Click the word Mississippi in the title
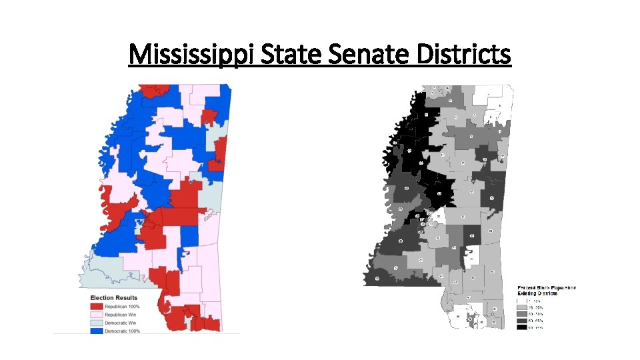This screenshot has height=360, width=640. click(191, 53)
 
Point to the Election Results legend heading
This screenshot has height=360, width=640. click(114, 298)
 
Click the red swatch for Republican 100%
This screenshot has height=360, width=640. click(99, 306)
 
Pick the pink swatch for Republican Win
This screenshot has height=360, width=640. click(99, 314)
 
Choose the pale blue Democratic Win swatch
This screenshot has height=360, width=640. click(99, 322)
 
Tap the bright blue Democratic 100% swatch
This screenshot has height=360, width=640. click(99, 330)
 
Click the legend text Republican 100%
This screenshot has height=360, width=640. click(127, 306)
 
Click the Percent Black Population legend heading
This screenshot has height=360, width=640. click(547, 288)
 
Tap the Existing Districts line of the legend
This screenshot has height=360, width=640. click(537, 293)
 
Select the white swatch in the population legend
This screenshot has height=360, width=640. click(521, 300)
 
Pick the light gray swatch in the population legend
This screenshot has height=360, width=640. click(521, 307)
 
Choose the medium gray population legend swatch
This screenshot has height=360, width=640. click(521, 313)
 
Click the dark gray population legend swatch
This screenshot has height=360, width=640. click(521, 321)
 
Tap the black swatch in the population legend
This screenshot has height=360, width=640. click(521, 327)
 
